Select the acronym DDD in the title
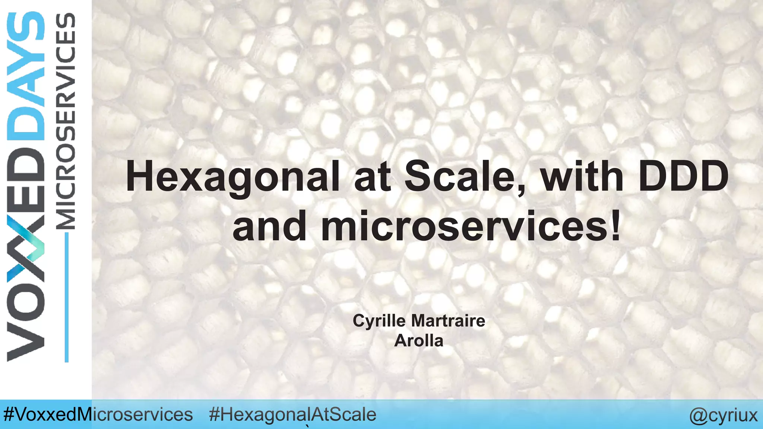tap(683, 176)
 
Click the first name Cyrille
tap(380, 321)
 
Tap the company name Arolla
tap(419, 341)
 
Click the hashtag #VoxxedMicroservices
tap(98, 414)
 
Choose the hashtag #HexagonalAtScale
tap(292, 414)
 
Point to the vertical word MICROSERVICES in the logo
tap(66, 121)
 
